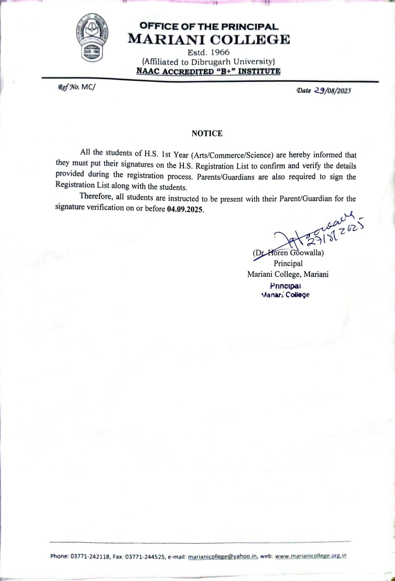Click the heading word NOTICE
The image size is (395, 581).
[207, 133]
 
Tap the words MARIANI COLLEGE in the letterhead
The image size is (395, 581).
[209, 40]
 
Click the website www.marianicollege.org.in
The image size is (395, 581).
[311, 556]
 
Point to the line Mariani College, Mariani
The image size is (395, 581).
[288, 274]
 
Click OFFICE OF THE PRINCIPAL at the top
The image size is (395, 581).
[209, 27]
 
